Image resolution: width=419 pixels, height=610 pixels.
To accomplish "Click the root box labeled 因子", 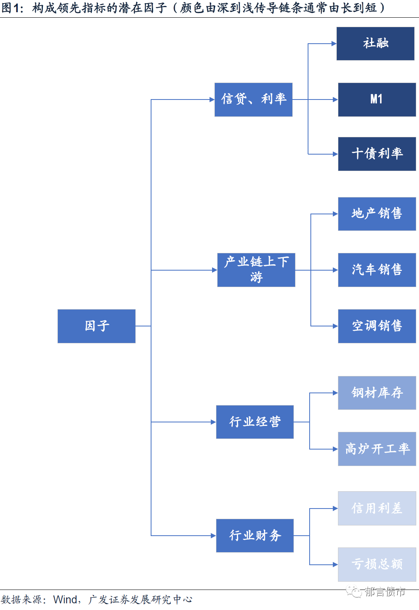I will coord(96,326).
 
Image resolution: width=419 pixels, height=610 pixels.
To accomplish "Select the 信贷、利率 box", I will coord(253,100).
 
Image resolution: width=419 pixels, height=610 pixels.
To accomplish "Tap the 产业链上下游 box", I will coord(256,270).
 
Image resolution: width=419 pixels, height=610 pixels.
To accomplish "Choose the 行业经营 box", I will coord(255,422).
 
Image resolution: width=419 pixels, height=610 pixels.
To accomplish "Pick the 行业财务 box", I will coord(255,535).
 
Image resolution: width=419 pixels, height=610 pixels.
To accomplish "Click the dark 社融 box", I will coord(375,44).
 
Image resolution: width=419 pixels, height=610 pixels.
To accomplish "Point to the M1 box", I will coord(377,100).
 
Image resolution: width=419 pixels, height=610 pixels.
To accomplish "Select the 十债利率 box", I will coord(377,154).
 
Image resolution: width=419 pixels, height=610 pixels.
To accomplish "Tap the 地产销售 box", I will coord(377,214).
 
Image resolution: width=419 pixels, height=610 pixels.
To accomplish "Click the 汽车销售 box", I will coord(377,270).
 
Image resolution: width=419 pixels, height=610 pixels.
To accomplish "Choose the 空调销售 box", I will coord(377,326).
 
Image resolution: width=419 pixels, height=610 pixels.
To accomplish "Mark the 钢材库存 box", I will coord(377,393).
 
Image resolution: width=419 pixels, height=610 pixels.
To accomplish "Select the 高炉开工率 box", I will coord(377,449).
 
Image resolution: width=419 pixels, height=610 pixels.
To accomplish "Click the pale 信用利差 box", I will coord(377,508).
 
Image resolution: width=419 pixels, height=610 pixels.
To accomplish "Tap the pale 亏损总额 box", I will coord(377,564).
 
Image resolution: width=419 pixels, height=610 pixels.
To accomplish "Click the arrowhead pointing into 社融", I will coord(334,44).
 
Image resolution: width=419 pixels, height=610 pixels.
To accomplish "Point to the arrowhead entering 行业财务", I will coord(214,535).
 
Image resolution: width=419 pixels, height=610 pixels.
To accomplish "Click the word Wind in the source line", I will coord(65,599).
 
